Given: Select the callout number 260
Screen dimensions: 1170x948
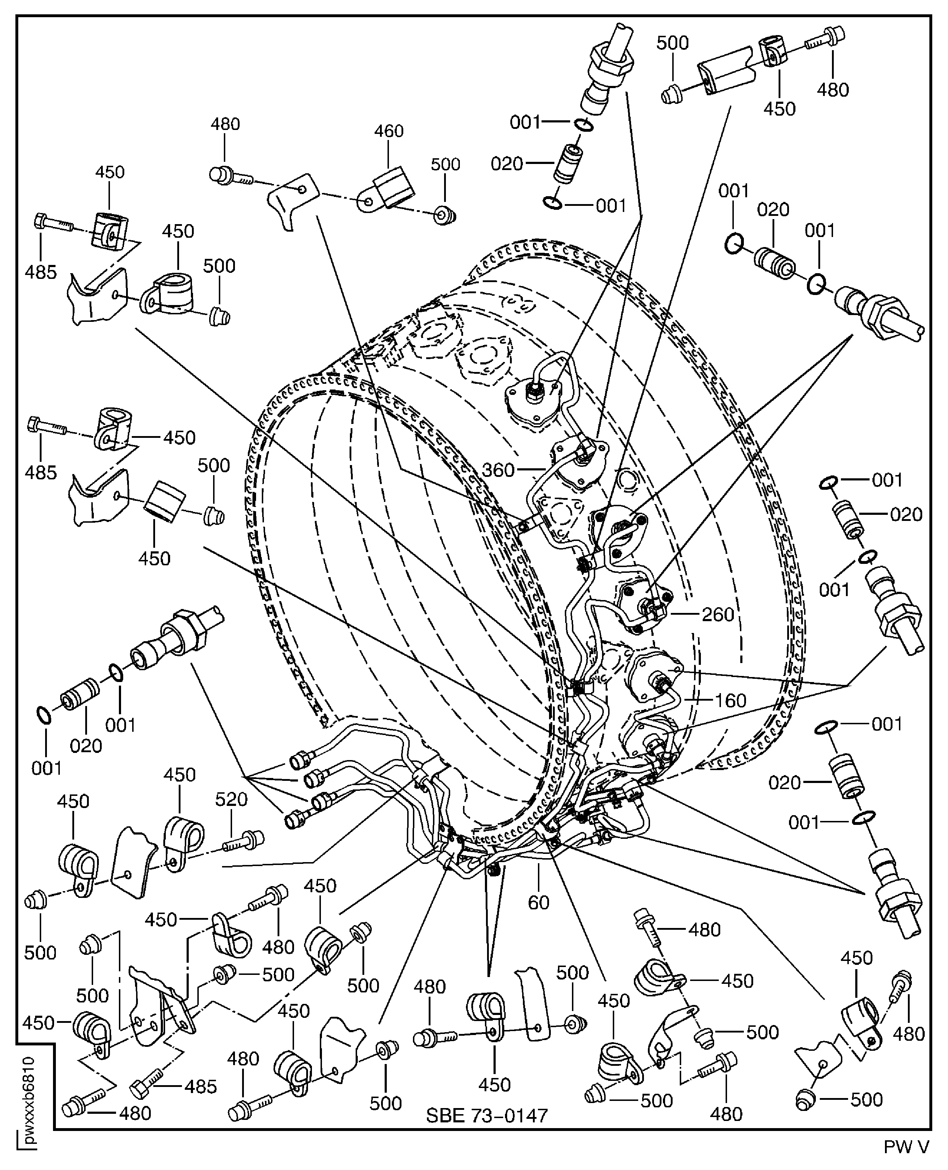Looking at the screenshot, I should click(x=718, y=614).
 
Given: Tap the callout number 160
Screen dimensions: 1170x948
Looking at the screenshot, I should click(x=730, y=701).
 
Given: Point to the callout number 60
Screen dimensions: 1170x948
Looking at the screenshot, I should click(x=538, y=903).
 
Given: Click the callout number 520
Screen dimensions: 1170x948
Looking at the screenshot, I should click(x=231, y=799).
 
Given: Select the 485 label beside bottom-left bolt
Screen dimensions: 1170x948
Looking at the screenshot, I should click(x=201, y=1087).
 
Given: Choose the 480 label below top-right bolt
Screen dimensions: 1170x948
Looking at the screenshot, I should click(x=833, y=90).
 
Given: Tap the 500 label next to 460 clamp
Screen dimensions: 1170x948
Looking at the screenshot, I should click(x=445, y=164).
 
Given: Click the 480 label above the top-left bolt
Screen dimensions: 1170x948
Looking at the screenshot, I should click(x=225, y=125).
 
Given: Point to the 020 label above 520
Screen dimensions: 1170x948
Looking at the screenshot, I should click(x=86, y=746).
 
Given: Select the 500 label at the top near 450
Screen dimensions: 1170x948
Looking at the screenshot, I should click(x=672, y=43).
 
